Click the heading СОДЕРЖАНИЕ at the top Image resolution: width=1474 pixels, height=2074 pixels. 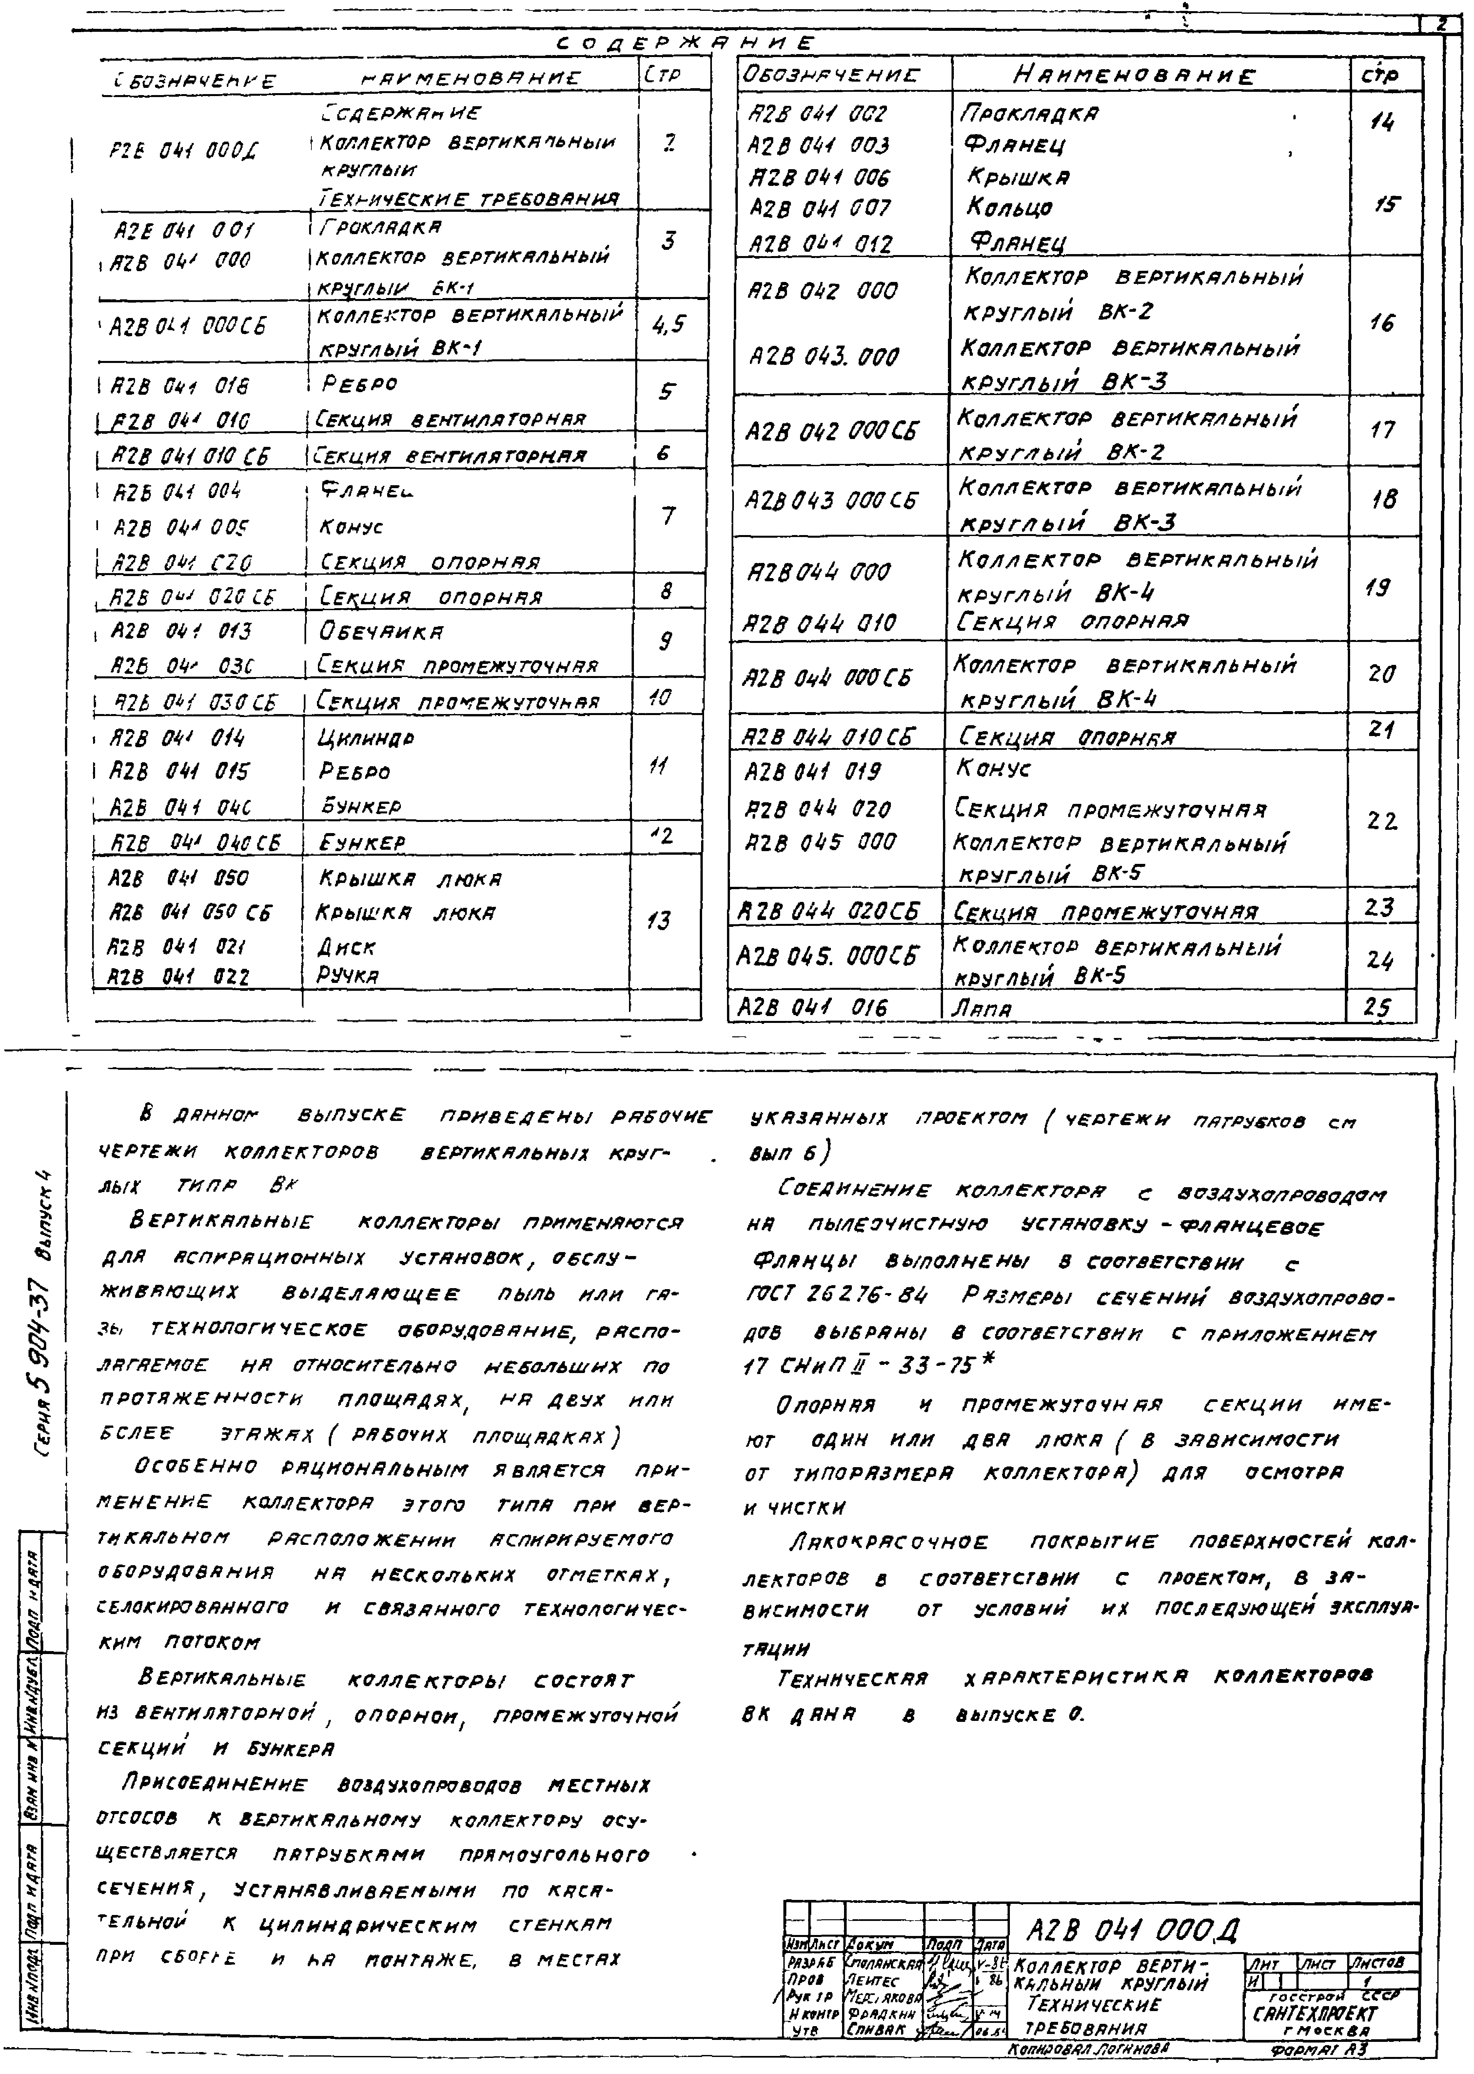point(685,43)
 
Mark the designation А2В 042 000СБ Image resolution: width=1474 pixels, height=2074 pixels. point(831,431)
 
